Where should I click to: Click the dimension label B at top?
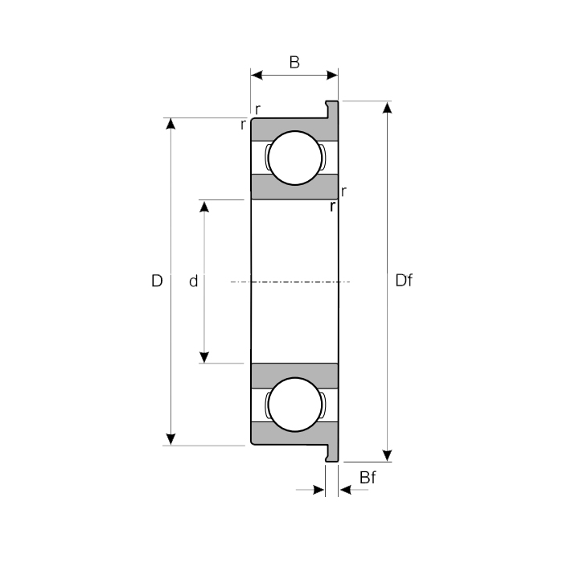pyautogui.click(x=294, y=62)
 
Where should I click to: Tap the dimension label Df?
pyautogui.click(x=405, y=281)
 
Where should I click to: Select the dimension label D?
pyautogui.click(x=157, y=281)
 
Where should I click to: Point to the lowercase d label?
pyautogui.click(x=193, y=281)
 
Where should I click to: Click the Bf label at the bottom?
pyautogui.click(x=368, y=479)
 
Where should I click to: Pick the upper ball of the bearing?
pyautogui.click(x=294, y=157)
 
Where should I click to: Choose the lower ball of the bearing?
pyautogui.click(x=294, y=406)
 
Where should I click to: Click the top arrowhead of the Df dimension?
pyautogui.click(x=388, y=108)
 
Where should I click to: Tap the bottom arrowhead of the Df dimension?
pyautogui.click(x=388, y=455)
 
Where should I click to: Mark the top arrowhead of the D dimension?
pyautogui.click(x=170, y=124)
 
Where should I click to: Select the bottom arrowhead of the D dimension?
pyautogui.click(x=170, y=439)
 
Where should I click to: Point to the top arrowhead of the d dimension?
pyautogui.click(x=204, y=206)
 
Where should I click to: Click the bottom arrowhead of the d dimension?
pyautogui.click(x=204, y=357)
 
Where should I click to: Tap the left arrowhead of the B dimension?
pyautogui.click(x=257, y=76)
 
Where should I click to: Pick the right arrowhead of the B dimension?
pyautogui.click(x=332, y=76)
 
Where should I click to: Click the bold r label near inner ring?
pyautogui.click(x=332, y=207)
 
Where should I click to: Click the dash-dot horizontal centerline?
pyautogui.click(x=290, y=281)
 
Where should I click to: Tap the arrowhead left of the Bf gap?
pyautogui.click(x=319, y=489)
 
